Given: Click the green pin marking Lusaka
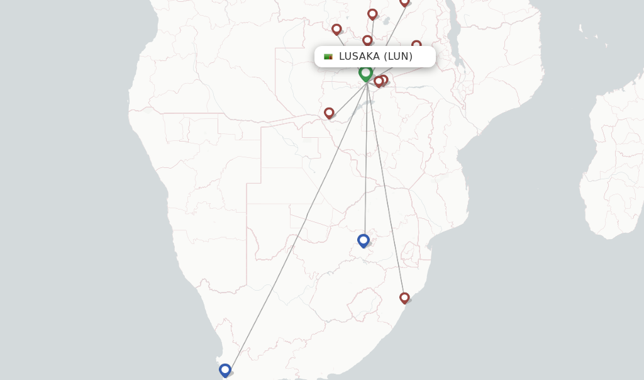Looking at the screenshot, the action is [x=365, y=74].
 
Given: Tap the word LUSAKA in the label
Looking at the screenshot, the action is [x=358, y=57].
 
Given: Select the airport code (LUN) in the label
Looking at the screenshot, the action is [x=398, y=57].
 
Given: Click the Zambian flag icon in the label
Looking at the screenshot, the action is [x=328, y=57].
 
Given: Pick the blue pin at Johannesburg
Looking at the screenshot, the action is [x=364, y=240].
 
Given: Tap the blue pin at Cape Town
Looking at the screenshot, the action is [x=225, y=370].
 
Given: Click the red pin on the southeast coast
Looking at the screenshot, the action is [x=404, y=298].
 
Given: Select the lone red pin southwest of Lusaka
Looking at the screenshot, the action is [x=329, y=113].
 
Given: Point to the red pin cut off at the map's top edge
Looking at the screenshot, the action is [x=404, y=3].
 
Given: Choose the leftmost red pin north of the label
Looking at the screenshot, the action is [x=336, y=29].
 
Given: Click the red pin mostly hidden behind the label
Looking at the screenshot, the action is [x=416, y=44].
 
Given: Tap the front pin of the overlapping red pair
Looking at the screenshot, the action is [x=379, y=81].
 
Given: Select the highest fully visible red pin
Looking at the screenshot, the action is [x=372, y=14].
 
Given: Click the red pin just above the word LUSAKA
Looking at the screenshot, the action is [x=367, y=40].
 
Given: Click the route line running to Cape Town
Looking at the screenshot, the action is [x=296, y=223].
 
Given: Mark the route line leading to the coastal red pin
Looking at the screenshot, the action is [x=386, y=189].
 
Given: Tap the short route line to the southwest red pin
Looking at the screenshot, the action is [x=347, y=98].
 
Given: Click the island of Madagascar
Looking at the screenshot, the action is [x=613, y=164].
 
